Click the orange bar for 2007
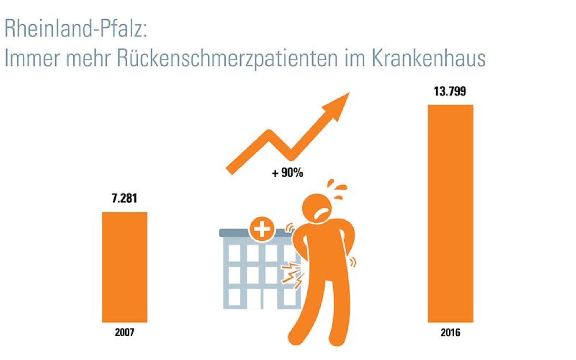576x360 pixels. click(x=124, y=267)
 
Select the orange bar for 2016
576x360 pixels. click(x=450, y=213)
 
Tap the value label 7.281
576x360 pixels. click(x=124, y=198)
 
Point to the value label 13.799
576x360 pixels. click(x=450, y=91)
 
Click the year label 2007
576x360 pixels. click(x=124, y=332)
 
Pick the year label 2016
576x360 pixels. click(x=450, y=333)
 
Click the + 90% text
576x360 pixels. click(x=287, y=173)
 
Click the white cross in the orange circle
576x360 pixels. click(x=262, y=229)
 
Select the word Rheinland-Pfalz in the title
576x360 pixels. click(x=75, y=29)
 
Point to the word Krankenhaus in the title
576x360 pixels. click(x=429, y=58)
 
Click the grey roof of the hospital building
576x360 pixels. click(x=233, y=233)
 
